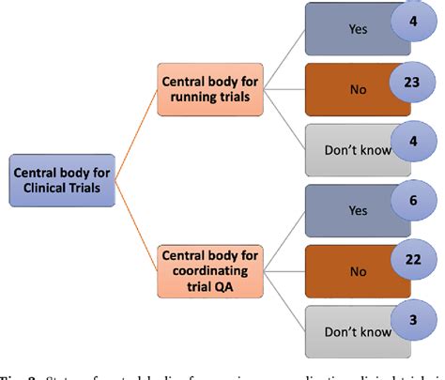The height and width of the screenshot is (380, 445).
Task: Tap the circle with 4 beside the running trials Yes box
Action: pyautogui.click(x=410, y=18)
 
